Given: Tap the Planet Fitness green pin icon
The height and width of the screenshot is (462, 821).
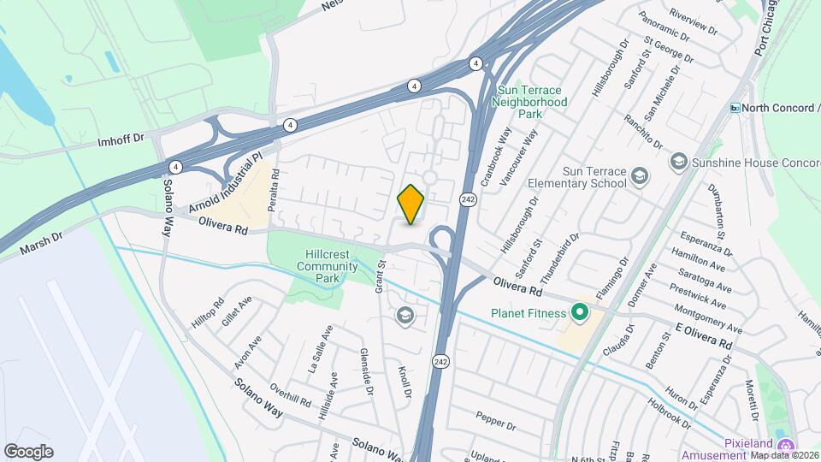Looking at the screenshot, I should coord(579,313).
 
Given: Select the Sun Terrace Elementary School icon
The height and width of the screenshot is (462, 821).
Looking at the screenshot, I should coord(639,177).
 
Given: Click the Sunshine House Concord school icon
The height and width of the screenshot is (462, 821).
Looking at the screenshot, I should coord(678,162).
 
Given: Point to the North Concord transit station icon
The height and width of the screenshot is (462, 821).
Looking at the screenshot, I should coord(735,108).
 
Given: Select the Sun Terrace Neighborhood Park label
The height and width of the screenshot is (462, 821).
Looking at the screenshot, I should coord(530,101).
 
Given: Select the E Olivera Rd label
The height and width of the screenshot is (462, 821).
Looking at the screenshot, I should coord(704,335).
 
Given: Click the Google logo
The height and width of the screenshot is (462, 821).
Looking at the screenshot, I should coord(28,451).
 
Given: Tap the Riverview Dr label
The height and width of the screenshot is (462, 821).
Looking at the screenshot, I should coord(694,23).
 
